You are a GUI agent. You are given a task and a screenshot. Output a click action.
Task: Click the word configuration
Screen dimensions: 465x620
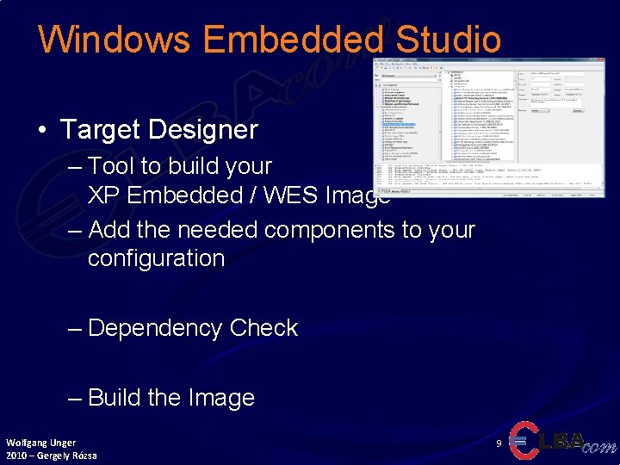(x=156, y=258)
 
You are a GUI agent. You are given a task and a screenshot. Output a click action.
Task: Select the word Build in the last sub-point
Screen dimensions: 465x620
(x=115, y=398)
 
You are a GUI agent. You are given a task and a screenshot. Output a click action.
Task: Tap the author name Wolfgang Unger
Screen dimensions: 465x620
(x=40, y=443)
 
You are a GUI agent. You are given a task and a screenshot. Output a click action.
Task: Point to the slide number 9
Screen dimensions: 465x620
(x=499, y=443)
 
